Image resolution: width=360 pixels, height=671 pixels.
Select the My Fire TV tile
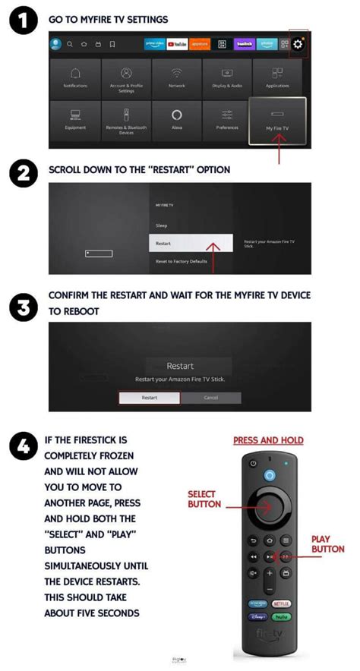[277, 121]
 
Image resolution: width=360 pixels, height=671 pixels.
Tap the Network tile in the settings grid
[176, 78]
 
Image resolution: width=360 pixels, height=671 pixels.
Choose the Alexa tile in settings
[176, 121]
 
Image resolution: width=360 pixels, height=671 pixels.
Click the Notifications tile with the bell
[75, 78]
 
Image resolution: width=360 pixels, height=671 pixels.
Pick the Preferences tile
[227, 121]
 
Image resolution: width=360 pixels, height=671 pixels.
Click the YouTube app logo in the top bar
[177, 44]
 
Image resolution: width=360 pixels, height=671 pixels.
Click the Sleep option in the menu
[162, 225]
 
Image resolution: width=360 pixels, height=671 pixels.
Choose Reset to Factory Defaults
[182, 261]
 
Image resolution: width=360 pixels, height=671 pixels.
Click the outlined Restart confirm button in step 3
[150, 398]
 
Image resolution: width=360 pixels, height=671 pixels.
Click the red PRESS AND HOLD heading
[267, 440]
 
